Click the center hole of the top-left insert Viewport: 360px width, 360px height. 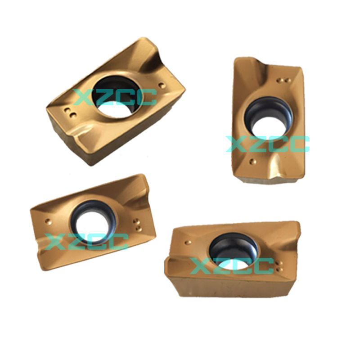tap(117, 96)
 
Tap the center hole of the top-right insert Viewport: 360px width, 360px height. tap(268, 117)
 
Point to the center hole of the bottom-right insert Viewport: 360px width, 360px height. tap(233, 252)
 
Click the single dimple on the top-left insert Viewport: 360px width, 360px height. tap(162, 85)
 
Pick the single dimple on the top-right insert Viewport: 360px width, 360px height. tap(252, 162)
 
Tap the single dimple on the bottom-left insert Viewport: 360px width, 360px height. tap(48, 221)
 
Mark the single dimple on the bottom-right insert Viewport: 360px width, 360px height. tap(188, 243)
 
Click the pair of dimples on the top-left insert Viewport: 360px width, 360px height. tap(70, 113)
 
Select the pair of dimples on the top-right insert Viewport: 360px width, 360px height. tap(283, 81)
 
